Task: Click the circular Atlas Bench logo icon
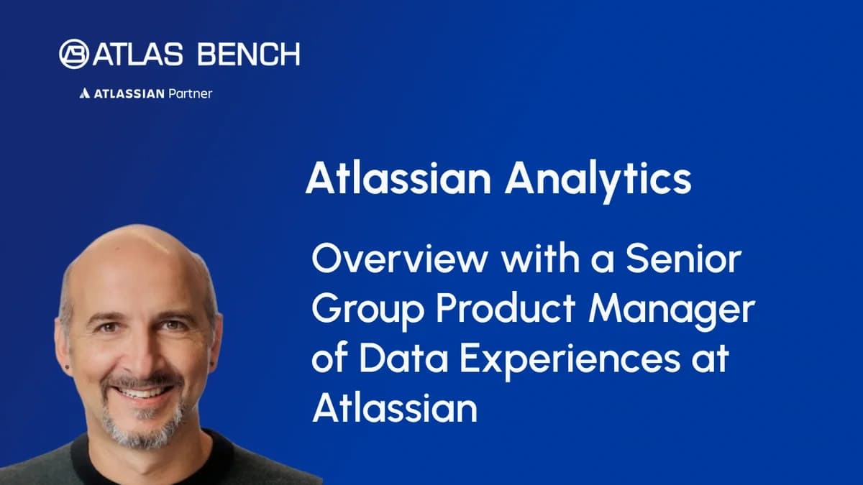[75, 54]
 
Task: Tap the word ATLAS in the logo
[129, 55]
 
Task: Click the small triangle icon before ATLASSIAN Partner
[84, 93]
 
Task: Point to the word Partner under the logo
[191, 93]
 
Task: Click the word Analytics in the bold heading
[598, 180]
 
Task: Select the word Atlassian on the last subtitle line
[395, 408]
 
